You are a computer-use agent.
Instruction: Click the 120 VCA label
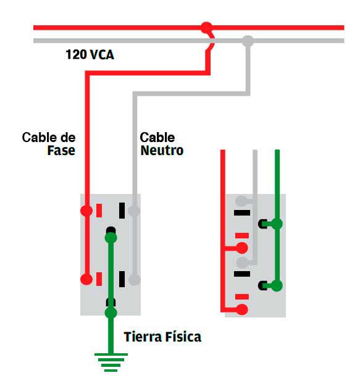pos(90,55)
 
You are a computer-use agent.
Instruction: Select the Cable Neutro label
pos(161,143)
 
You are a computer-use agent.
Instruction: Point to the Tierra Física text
pos(162,337)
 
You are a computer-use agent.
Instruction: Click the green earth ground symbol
pos(111,361)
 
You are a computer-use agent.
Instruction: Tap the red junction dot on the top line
pos(206,28)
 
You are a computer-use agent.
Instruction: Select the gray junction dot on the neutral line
pos(248,41)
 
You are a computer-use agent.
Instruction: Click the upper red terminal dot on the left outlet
pos(86,211)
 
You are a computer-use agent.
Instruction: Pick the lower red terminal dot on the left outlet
pos(86,279)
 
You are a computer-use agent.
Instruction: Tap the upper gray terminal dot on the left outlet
pos(135,211)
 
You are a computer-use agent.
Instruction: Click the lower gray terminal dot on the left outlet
pos(135,279)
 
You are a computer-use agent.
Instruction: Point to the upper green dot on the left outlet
pos(111,237)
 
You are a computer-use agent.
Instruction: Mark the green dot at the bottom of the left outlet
pos(111,313)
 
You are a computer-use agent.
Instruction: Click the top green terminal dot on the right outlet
pos(277,224)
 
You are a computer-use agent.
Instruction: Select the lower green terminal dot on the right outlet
pos(277,285)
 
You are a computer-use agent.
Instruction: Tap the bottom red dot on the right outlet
pos(242,309)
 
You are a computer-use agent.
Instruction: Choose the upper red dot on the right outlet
pos(242,248)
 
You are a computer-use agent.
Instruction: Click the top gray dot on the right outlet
pos(242,201)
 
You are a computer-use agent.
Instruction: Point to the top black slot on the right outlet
pos(242,213)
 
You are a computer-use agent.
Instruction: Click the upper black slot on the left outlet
pos(122,210)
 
